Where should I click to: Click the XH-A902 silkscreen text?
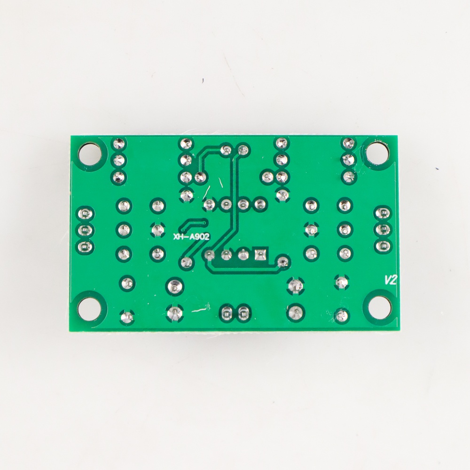click(191, 237)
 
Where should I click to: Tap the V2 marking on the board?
click(391, 280)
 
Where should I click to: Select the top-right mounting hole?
click(377, 153)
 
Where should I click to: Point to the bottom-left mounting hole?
click(88, 309)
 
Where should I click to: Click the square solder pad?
click(260, 254)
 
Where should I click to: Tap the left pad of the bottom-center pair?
click(227, 313)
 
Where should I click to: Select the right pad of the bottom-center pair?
click(243, 313)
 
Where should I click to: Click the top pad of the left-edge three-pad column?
click(85, 214)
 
